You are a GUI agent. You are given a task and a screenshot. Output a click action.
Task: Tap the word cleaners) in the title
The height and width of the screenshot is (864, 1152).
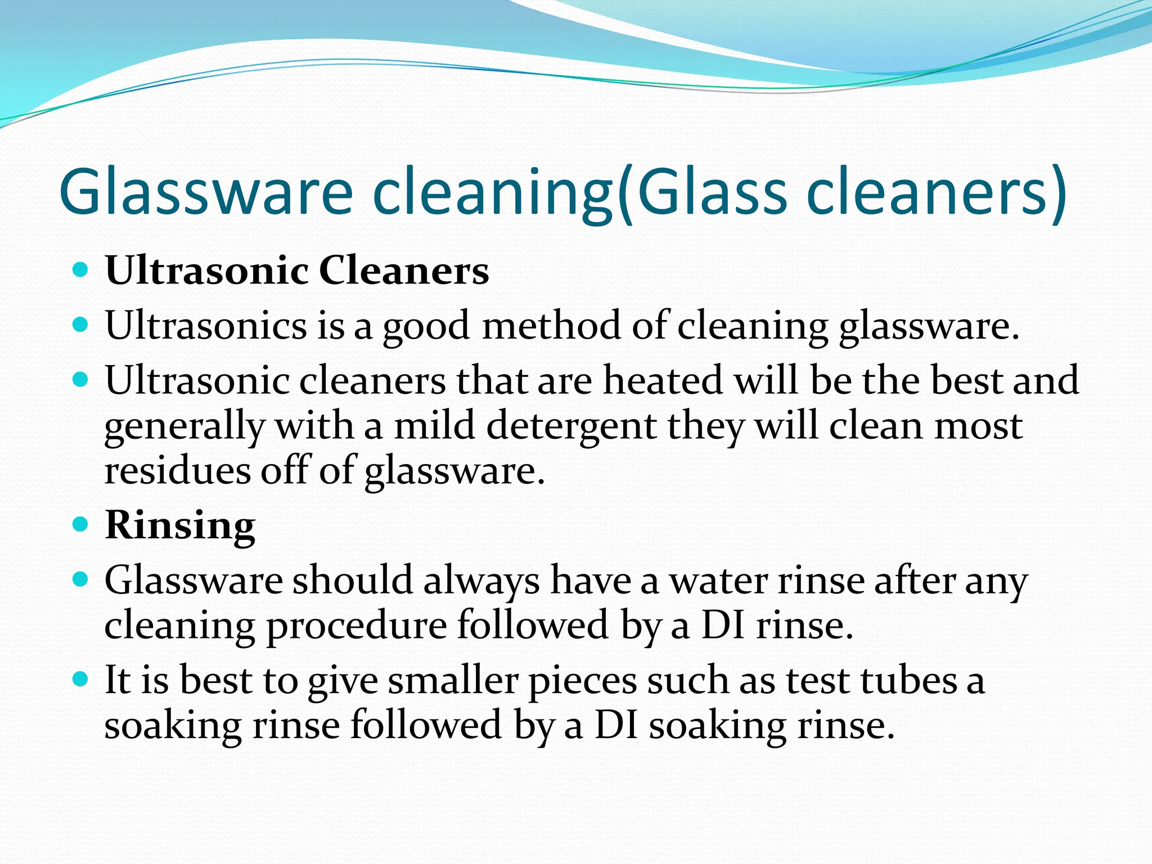coord(936,192)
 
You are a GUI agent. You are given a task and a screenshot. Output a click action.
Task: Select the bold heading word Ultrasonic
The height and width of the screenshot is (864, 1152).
coord(206,271)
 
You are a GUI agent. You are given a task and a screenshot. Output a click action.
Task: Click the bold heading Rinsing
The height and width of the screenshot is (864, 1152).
coord(180,525)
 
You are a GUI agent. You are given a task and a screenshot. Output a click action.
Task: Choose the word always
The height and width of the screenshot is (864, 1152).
coord(481,580)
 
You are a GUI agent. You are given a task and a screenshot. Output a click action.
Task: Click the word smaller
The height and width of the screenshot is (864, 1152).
coord(453,681)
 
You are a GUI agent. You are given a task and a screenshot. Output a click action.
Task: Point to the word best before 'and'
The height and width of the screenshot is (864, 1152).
coord(966,380)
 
